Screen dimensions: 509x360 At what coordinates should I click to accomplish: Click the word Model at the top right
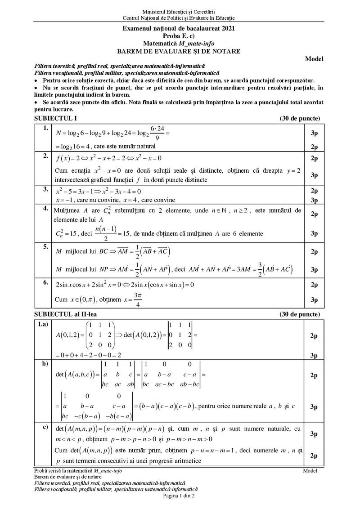[x=314, y=58]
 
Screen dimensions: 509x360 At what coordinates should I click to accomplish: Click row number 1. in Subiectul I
[x=45, y=129]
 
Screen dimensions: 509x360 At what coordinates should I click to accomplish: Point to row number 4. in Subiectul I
[x=45, y=208]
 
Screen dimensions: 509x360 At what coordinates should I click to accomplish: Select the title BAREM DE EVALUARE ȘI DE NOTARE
[x=179, y=51]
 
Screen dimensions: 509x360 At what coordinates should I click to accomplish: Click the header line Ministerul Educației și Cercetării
[x=179, y=10]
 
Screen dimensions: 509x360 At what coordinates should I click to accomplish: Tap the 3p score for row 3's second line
[x=314, y=200]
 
